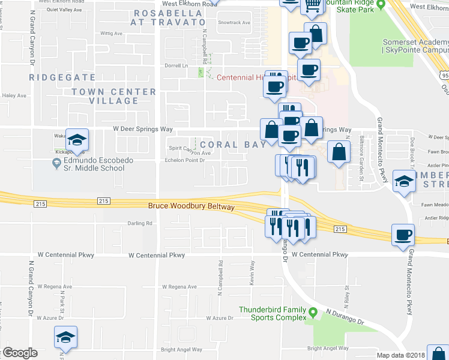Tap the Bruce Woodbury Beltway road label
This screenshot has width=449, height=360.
[191, 206]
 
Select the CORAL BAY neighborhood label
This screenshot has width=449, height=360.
[233, 145]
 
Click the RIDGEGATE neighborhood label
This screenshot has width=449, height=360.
[63, 77]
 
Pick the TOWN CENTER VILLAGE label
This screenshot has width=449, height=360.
[113, 96]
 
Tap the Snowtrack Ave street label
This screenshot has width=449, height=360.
[234, 23]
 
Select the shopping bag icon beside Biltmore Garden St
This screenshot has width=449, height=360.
[339, 152]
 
